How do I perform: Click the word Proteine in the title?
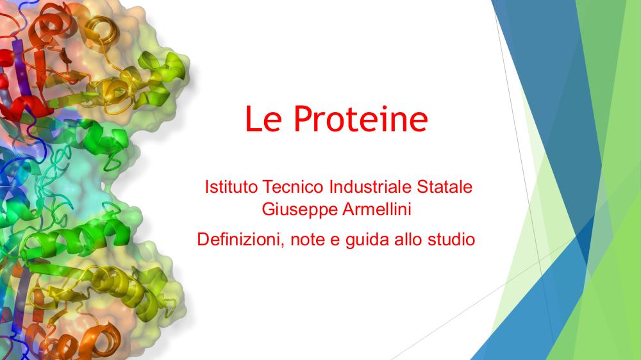(x=360, y=119)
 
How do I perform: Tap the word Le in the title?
(x=263, y=119)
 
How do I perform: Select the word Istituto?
(x=231, y=187)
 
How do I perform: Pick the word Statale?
(x=445, y=187)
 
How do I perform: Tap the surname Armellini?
(x=377, y=209)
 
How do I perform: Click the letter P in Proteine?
(x=304, y=119)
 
